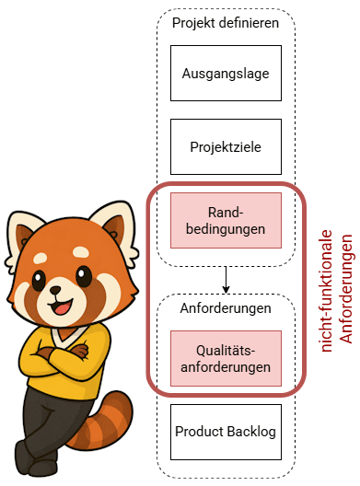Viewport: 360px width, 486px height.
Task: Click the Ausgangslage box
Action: pyautogui.click(x=226, y=73)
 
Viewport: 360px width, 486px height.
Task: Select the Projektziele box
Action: pyautogui.click(x=226, y=146)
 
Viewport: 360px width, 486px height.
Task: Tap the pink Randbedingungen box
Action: pyautogui.click(x=226, y=220)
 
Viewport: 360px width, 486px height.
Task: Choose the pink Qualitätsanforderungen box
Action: pyautogui.click(x=226, y=358)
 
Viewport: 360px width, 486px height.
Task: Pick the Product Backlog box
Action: pyautogui.click(x=226, y=432)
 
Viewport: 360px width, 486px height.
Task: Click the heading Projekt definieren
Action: pyautogui.click(x=226, y=23)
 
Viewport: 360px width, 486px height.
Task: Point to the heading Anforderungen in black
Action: pyautogui.click(x=226, y=308)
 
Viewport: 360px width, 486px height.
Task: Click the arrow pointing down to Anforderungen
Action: pyautogui.click(x=226, y=280)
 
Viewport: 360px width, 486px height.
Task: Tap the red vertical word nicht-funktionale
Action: pyautogui.click(x=327, y=291)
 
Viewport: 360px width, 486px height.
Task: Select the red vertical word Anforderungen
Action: pyautogui.click(x=346, y=289)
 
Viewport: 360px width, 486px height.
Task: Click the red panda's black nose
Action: pyautogui.click(x=55, y=290)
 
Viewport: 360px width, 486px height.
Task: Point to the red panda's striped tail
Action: pyautogui.click(x=100, y=422)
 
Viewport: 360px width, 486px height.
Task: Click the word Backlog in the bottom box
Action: pyautogui.click(x=251, y=432)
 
